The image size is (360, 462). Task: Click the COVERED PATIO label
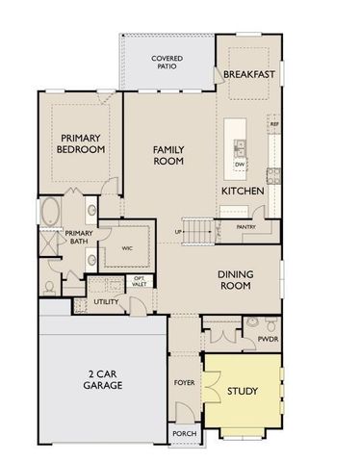(x=167, y=64)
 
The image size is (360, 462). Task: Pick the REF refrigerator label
(x=274, y=124)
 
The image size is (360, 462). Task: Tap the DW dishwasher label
(x=239, y=165)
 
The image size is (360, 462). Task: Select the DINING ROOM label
(x=236, y=279)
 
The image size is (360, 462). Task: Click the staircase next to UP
(x=196, y=231)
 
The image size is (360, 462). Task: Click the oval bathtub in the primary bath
(x=49, y=213)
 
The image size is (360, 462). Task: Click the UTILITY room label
(x=106, y=302)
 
